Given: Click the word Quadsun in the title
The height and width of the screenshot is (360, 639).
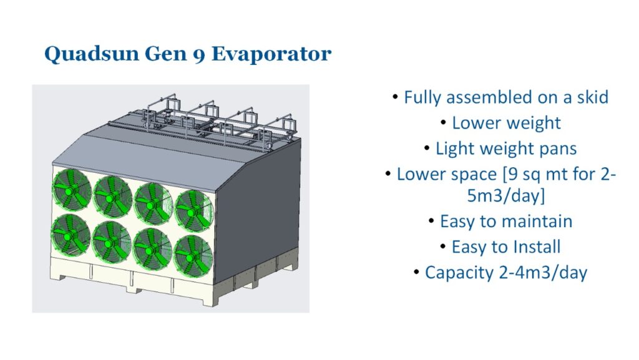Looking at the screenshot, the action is (x=92, y=54).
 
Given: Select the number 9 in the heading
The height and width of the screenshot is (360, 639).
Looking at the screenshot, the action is (x=199, y=55).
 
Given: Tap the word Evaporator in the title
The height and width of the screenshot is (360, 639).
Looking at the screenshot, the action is (x=271, y=54).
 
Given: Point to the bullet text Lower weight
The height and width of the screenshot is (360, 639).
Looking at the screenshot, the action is (x=506, y=123).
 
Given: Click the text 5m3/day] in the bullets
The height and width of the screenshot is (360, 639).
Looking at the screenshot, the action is (x=505, y=196).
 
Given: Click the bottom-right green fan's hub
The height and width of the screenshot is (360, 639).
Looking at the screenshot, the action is (x=191, y=256).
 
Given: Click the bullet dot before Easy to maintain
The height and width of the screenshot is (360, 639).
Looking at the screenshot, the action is (x=432, y=221).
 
